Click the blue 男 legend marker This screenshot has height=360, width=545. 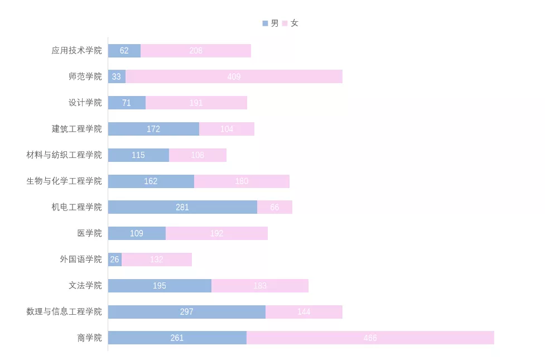click(x=265, y=23)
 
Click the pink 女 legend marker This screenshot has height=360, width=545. click(x=284, y=23)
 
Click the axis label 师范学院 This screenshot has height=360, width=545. click(x=85, y=76)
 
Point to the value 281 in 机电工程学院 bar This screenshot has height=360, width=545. click(x=182, y=207)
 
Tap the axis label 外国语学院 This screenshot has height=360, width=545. click(x=81, y=260)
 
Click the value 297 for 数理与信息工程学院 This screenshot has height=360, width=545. click(x=186, y=311)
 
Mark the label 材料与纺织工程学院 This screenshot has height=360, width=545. click(x=64, y=155)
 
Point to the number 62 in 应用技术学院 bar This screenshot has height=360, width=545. click(x=124, y=51)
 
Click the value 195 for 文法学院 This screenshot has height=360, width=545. click(x=160, y=286)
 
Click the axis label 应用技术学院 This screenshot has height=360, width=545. click(x=76, y=51)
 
